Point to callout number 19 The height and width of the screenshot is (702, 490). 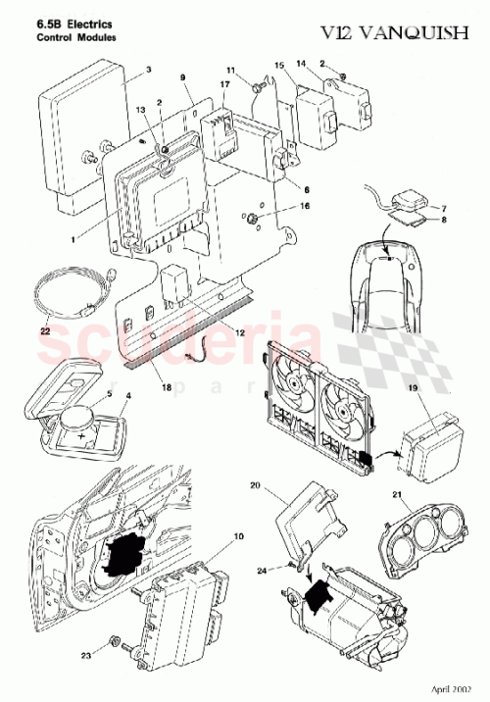[x=412, y=390]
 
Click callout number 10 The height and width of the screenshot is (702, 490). [x=238, y=536]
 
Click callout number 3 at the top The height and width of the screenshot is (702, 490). [x=148, y=70]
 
